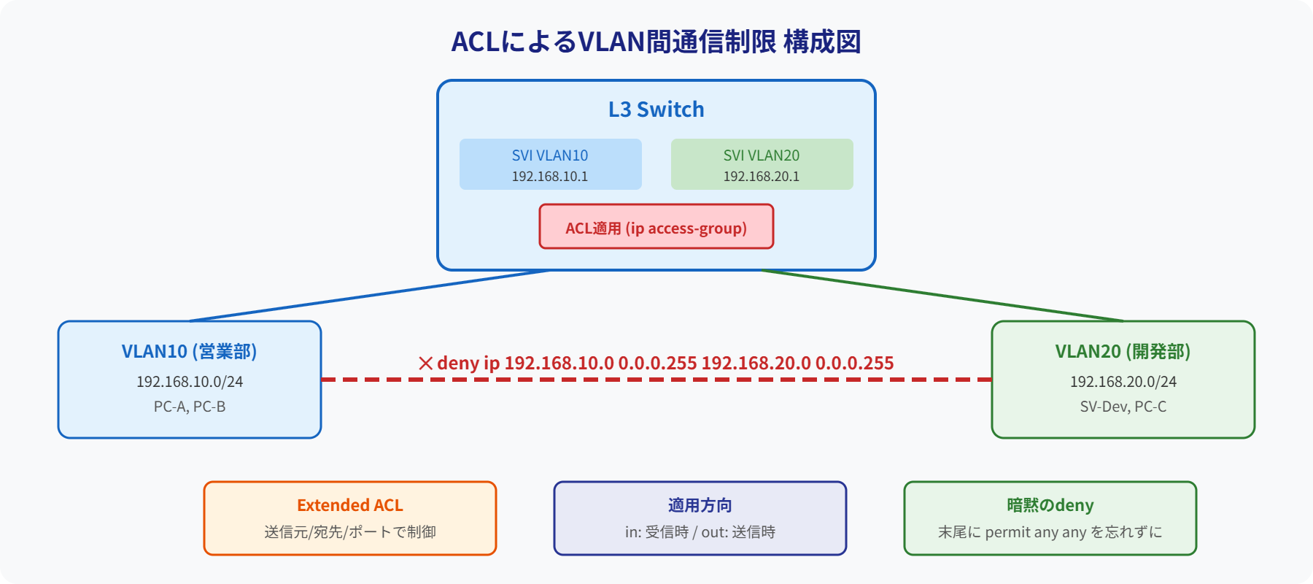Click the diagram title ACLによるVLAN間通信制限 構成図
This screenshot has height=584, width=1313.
pos(656,42)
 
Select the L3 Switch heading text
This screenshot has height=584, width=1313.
pos(656,109)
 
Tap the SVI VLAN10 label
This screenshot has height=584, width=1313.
pos(550,155)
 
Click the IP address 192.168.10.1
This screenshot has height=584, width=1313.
pos(550,177)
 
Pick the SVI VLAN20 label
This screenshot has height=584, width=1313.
pos(762,155)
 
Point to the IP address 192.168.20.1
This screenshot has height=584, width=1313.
pos(762,177)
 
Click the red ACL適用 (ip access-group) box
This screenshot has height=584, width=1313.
pos(656,227)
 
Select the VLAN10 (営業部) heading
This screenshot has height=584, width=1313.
pos(189,351)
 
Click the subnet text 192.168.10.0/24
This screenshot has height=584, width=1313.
pos(190,382)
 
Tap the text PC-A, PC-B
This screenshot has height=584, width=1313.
pos(190,407)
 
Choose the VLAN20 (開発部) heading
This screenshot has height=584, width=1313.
pos(1123,351)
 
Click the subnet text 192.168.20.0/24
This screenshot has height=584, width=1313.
pos(1123,382)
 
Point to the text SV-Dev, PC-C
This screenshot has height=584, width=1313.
pos(1123,407)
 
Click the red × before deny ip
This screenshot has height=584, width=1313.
pos(426,363)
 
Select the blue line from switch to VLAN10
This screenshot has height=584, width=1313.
pos(368,296)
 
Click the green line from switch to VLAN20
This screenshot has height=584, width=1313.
pos(942,296)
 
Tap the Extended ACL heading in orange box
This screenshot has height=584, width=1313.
pos(349,505)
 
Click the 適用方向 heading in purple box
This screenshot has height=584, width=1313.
pos(700,505)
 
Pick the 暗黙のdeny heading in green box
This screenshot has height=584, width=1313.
pos(1050,505)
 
